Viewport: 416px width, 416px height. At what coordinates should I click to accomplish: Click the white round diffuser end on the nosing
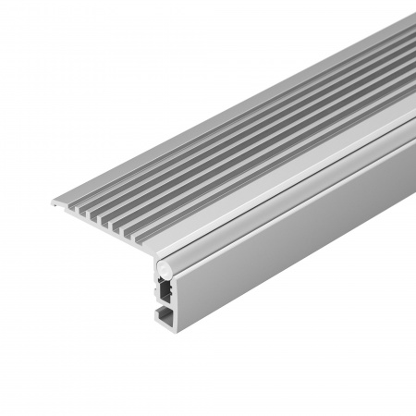point(165,266)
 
